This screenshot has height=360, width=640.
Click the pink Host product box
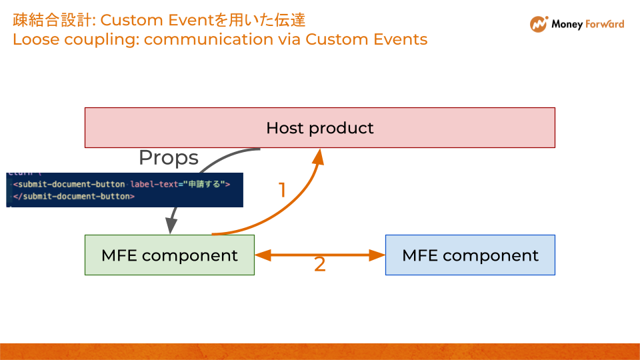(x=319, y=127)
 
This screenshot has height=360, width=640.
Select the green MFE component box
(x=169, y=255)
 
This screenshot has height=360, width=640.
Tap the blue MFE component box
(x=470, y=255)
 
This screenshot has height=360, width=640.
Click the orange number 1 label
(x=282, y=191)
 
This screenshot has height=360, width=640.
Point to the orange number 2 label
(x=320, y=265)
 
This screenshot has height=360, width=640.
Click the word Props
(x=168, y=158)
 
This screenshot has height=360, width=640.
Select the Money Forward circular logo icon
(x=538, y=25)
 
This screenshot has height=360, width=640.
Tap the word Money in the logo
(x=567, y=25)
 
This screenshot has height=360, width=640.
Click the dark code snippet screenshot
(x=124, y=190)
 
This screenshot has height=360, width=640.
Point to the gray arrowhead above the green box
(x=171, y=225)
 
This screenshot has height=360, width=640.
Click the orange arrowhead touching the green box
(x=262, y=255)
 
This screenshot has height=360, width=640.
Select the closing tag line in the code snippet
(x=74, y=197)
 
